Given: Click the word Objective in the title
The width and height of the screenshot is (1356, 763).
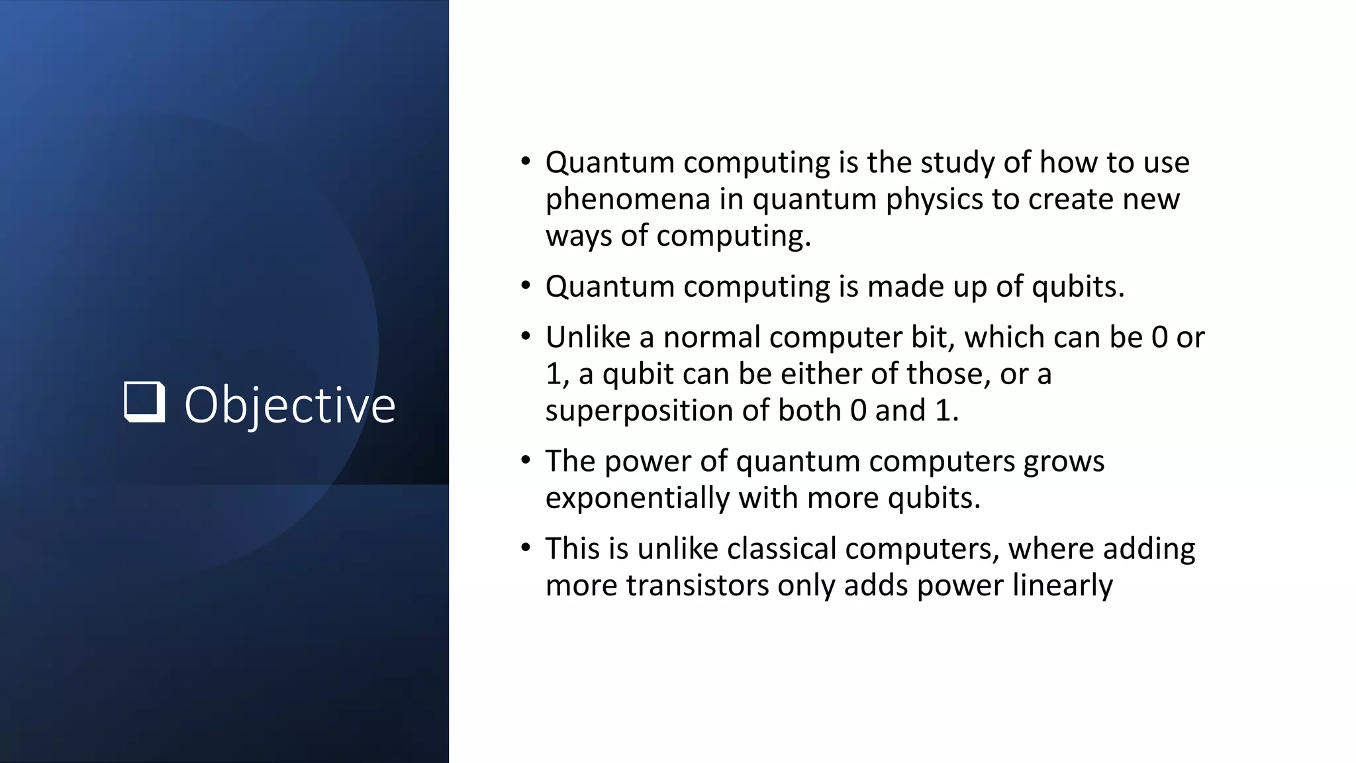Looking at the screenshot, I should pos(289,405).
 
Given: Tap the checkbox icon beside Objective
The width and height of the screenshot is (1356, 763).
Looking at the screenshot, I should pos(144,401).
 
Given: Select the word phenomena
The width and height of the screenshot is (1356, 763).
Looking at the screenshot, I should pos(628,199).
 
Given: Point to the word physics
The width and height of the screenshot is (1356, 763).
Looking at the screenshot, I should pos(934,199).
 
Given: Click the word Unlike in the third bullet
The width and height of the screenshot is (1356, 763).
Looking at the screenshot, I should pos(587,337).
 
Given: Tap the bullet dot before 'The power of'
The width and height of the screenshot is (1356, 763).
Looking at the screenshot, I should pos(526,460).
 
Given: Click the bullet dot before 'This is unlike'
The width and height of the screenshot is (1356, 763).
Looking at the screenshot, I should pos(526,548).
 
